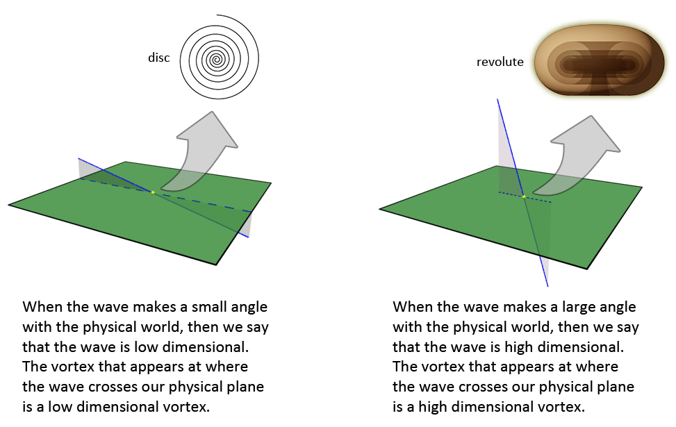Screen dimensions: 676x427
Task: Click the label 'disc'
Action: (158, 58)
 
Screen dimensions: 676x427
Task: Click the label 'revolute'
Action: (500, 62)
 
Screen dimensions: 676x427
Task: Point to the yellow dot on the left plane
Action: (153, 192)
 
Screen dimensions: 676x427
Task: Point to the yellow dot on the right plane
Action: (524, 196)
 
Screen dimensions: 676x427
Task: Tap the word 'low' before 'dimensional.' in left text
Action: (147, 347)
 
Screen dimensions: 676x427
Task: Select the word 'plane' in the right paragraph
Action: (617, 387)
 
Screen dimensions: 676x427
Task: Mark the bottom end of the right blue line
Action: (548, 287)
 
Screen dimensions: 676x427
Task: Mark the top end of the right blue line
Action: (497, 99)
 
